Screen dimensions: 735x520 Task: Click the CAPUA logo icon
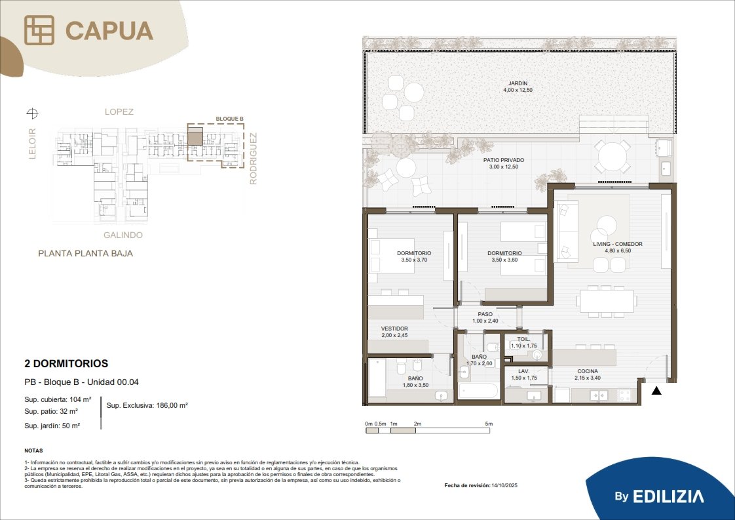coord(39,30)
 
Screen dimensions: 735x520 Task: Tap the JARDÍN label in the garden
coord(518,83)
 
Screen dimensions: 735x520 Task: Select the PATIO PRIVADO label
coord(504,160)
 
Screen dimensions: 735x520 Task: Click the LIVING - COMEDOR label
coord(618,244)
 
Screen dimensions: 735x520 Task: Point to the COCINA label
coord(588,371)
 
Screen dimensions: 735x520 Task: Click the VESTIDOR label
coord(394,329)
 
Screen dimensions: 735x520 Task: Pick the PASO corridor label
coord(485,315)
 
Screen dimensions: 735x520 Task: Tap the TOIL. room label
coord(523,339)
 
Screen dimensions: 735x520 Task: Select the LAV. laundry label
coord(523,371)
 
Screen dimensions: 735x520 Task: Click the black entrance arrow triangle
coord(657,390)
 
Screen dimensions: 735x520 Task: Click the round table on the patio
coord(612,157)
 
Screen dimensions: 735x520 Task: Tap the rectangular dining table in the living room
coord(607,300)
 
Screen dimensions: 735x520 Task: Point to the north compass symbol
coord(32,113)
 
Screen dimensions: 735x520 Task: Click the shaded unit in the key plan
coord(195,138)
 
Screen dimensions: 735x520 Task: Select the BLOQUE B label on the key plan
coord(230,119)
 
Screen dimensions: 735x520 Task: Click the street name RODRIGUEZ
coord(253,159)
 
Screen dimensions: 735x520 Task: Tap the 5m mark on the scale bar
coord(489,424)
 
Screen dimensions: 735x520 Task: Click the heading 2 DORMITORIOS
coord(66,363)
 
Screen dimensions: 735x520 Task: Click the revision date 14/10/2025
coord(504,485)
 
